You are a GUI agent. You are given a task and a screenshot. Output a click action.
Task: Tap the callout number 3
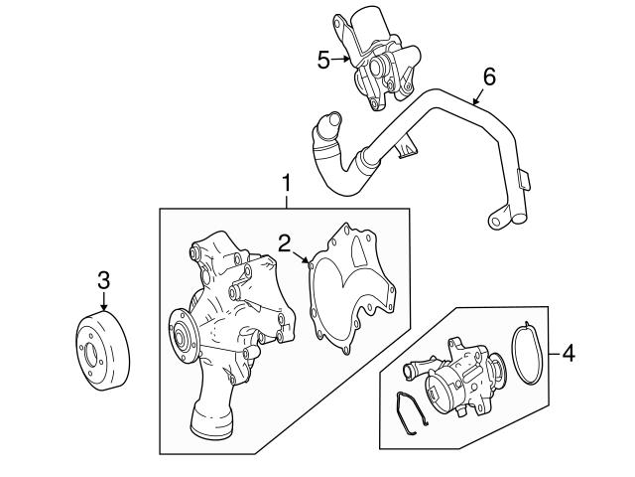click(x=103, y=279)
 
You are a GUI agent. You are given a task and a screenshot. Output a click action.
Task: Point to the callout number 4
click(x=568, y=352)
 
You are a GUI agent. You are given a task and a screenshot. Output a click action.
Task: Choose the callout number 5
click(x=323, y=60)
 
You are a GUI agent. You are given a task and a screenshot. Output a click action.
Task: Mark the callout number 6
click(x=487, y=75)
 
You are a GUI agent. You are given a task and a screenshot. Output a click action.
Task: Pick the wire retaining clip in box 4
click(x=411, y=416)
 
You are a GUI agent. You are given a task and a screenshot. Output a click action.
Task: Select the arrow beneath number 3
click(x=103, y=304)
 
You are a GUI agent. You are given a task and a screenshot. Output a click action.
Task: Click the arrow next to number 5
click(x=341, y=60)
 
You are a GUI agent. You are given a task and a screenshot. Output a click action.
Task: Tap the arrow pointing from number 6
click(x=475, y=96)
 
